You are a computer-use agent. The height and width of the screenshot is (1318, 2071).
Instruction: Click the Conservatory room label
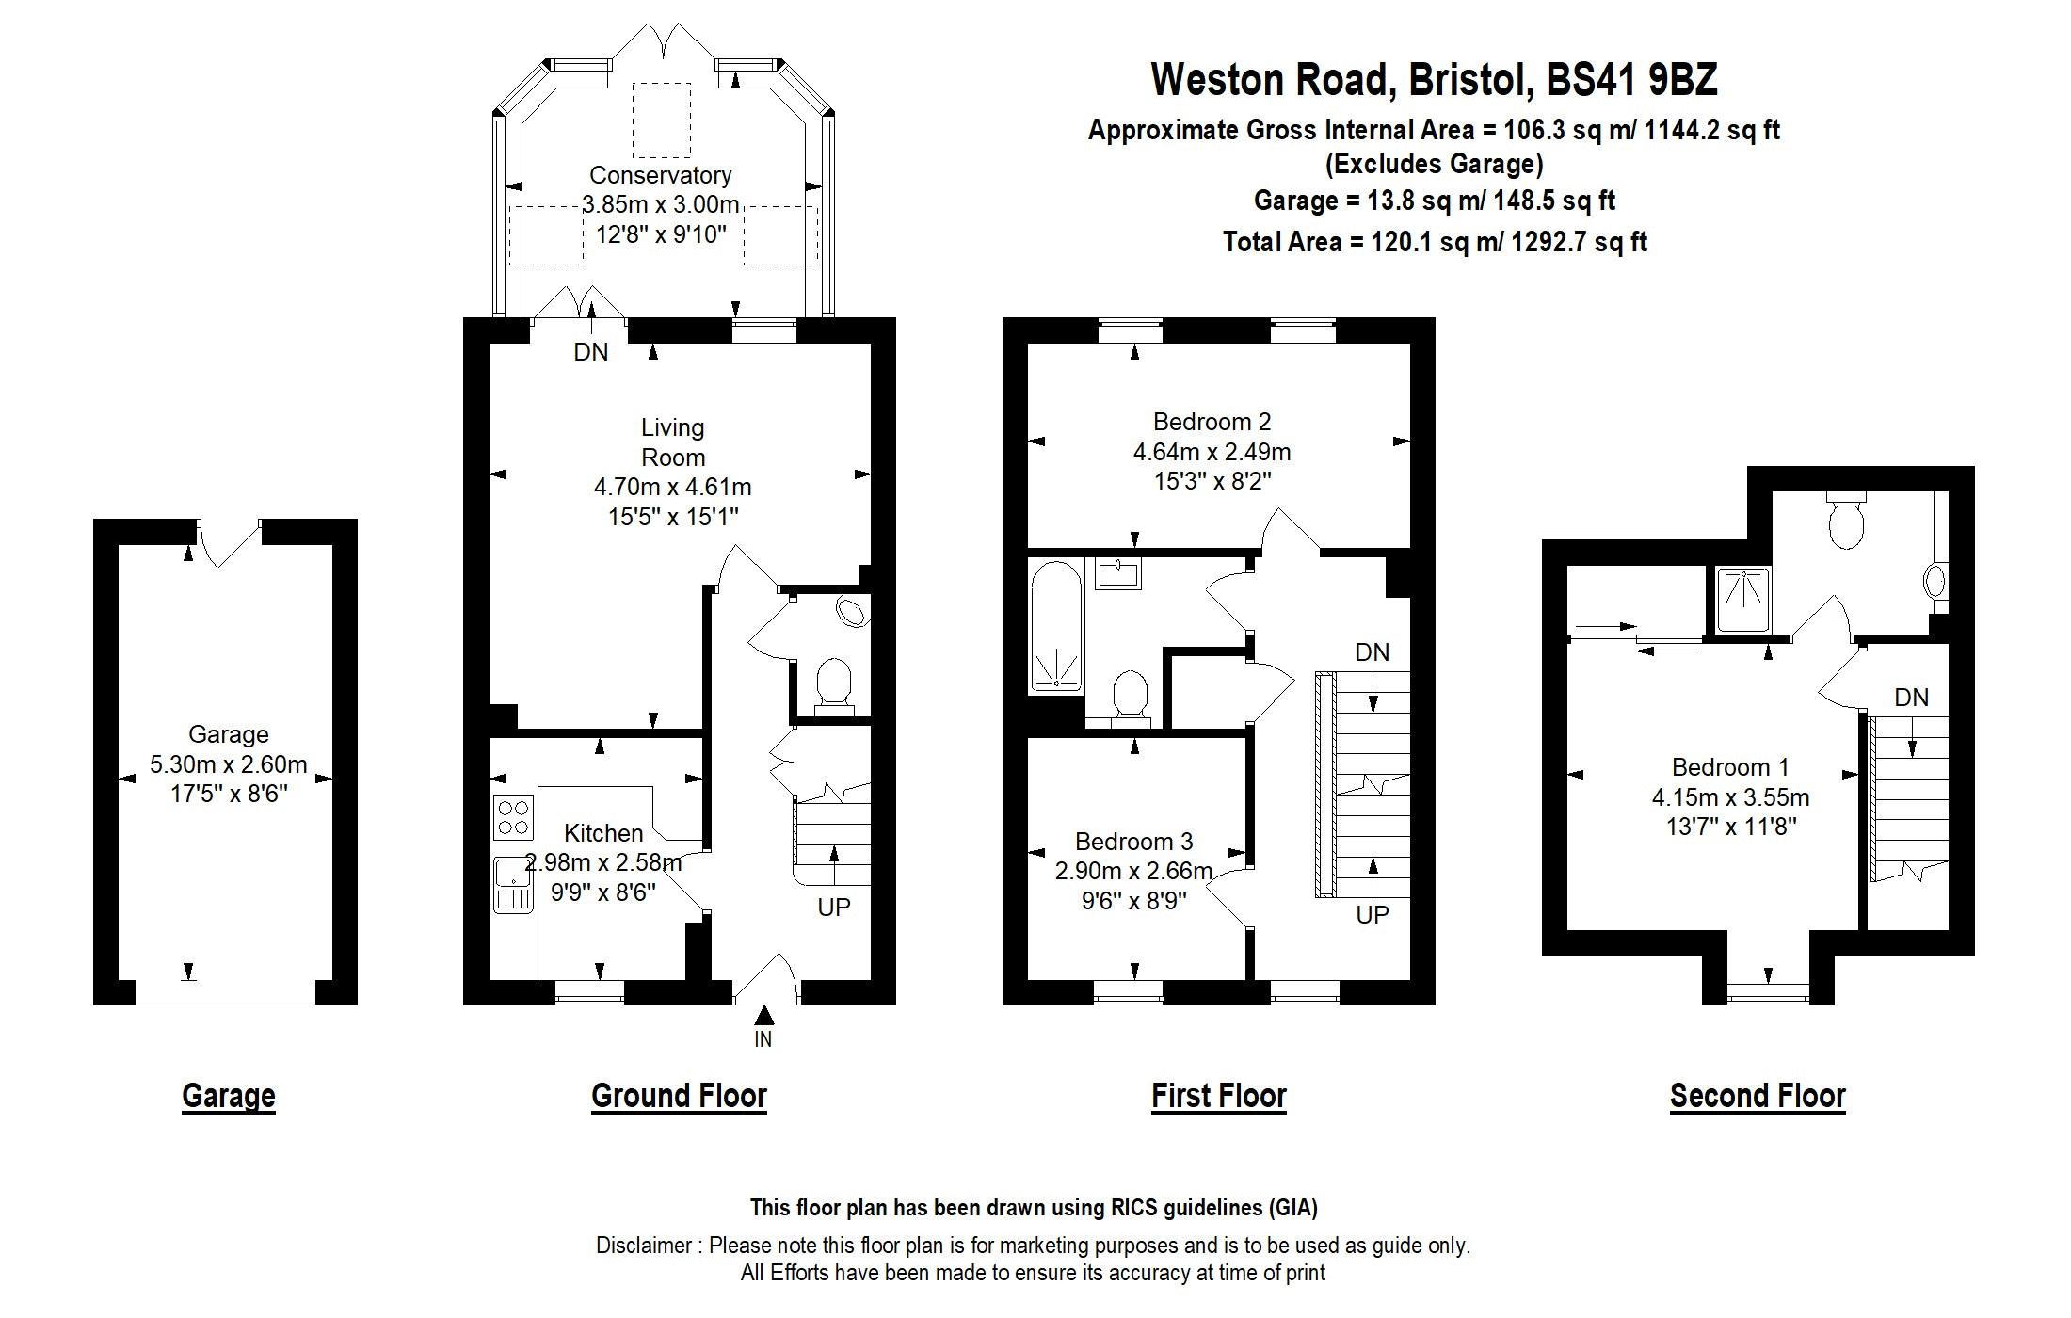(x=660, y=175)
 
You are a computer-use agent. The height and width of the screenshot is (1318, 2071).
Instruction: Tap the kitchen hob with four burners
(x=513, y=817)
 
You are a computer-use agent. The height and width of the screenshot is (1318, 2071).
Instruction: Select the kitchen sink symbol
(x=513, y=885)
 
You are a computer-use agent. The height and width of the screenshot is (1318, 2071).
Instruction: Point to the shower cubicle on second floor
(x=1742, y=600)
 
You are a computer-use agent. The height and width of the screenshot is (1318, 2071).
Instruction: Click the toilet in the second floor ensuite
(x=1846, y=522)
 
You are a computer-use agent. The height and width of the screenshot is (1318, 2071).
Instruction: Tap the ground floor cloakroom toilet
(x=834, y=683)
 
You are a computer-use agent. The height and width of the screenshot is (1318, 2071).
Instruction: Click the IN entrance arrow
(x=764, y=1017)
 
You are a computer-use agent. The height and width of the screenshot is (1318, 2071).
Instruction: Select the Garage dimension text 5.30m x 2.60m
(x=229, y=764)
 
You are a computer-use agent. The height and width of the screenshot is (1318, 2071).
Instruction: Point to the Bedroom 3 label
(x=1133, y=841)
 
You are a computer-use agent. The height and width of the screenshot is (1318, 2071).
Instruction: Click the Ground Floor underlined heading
(x=679, y=1096)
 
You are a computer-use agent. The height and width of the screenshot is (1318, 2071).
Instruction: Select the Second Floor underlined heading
(x=1758, y=1096)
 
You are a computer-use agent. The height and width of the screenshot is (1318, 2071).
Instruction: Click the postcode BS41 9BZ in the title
(x=1632, y=80)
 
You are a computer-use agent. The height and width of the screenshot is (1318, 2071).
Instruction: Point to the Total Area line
(x=1435, y=242)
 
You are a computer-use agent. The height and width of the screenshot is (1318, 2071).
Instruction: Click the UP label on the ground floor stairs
(x=833, y=907)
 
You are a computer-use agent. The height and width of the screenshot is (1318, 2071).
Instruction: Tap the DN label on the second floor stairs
(x=1911, y=698)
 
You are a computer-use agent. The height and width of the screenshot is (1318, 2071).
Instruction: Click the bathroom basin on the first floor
(x=1117, y=573)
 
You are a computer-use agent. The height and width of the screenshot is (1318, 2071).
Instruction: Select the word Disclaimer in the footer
(x=645, y=1246)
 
